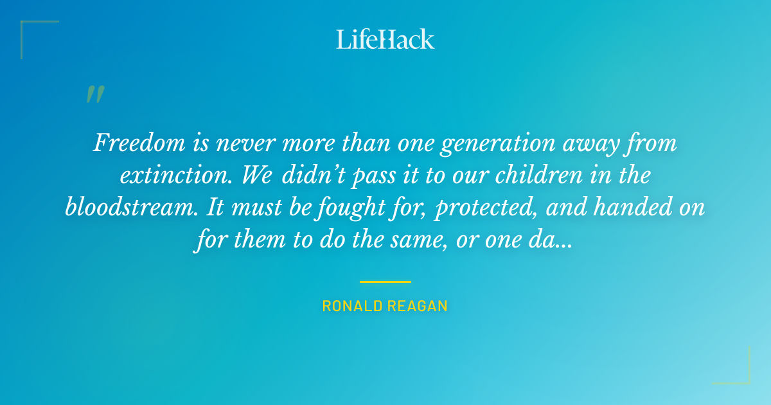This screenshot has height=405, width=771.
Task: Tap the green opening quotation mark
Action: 95,94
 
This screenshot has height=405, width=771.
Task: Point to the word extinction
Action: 168,175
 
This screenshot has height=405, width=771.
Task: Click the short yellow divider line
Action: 385,282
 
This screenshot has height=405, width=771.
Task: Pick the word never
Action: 250,143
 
